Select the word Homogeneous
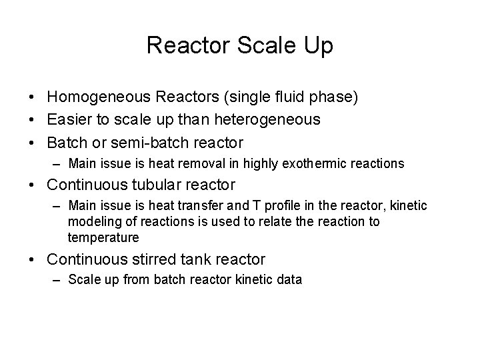(x=101, y=97)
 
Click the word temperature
(x=103, y=237)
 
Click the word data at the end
(x=291, y=281)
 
